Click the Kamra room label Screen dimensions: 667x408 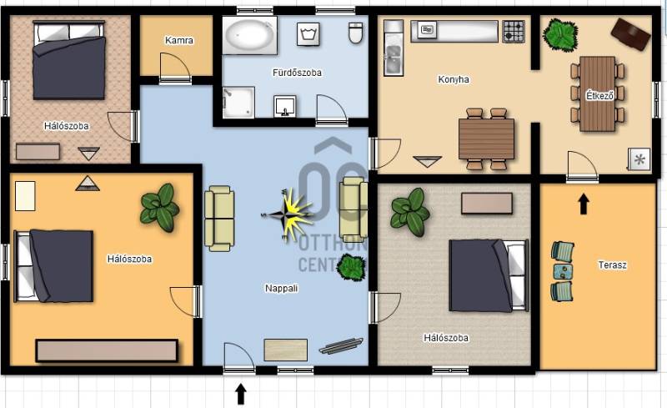(x=179, y=40)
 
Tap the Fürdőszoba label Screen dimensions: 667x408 (x=297, y=73)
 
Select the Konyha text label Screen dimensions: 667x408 (x=454, y=79)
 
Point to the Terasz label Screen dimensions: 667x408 (x=612, y=264)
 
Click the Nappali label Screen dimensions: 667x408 (x=281, y=289)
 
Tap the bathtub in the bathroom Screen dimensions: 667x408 (x=249, y=35)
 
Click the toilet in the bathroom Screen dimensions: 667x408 (x=356, y=33)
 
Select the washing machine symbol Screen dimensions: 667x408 (x=308, y=33)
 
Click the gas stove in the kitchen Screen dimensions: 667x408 (x=514, y=31)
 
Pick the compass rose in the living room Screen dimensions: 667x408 (x=288, y=215)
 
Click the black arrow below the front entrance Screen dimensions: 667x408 (x=241, y=394)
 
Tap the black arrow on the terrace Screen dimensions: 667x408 (x=584, y=204)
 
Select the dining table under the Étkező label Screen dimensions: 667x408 (x=597, y=93)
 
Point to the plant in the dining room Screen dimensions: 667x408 (x=560, y=34)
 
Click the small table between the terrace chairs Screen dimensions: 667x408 (x=562, y=271)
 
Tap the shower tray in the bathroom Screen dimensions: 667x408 (x=238, y=103)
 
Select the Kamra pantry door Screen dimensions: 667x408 (x=174, y=67)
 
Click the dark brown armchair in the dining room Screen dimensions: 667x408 (x=630, y=34)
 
